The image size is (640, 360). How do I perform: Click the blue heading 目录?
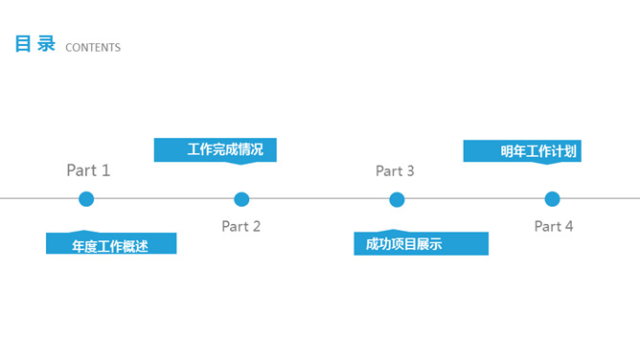(35, 45)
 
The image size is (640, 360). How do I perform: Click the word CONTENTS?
(93, 48)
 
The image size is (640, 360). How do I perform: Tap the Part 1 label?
(88, 170)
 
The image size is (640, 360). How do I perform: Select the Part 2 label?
(240, 227)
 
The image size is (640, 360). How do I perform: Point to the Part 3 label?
(395, 171)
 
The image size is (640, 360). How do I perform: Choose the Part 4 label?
(554, 227)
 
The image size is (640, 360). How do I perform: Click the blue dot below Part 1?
(86, 199)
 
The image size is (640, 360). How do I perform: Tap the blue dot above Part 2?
(241, 199)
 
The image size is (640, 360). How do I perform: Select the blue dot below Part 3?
(397, 199)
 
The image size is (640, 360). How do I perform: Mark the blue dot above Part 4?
(552, 199)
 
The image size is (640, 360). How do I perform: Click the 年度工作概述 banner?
(111, 244)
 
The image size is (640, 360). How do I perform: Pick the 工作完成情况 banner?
(216, 149)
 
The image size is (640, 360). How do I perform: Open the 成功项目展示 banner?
(421, 244)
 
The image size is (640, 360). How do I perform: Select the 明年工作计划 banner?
(523, 151)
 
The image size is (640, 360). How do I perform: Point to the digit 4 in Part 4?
(568, 227)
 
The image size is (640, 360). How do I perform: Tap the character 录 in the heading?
(47, 45)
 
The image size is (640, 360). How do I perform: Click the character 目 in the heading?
(23, 45)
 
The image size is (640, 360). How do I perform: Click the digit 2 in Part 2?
(255, 227)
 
